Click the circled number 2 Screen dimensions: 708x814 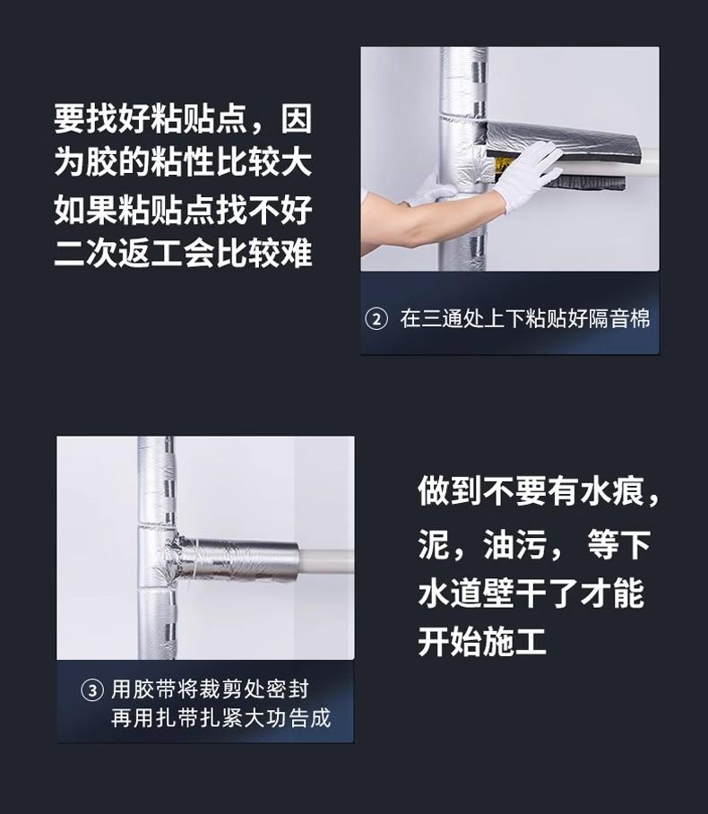(376, 319)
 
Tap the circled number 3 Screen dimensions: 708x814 (92, 690)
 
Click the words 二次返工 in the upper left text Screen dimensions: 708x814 (118, 253)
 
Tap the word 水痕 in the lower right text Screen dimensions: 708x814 (612, 490)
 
